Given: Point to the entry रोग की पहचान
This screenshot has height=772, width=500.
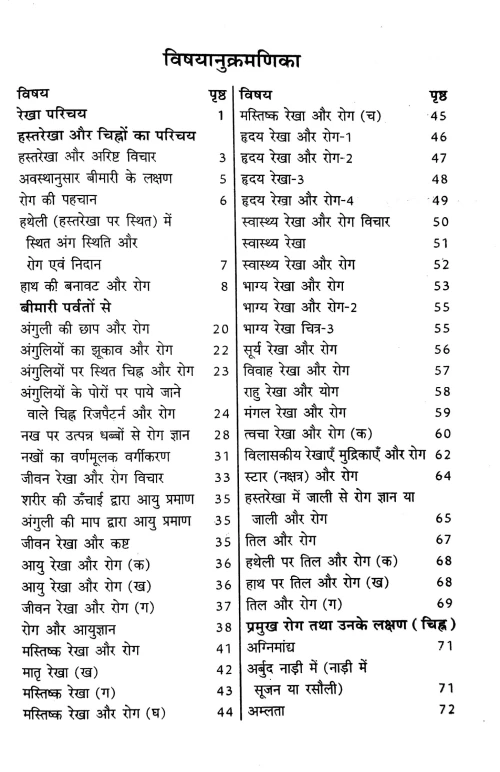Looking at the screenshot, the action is (56, 200).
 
